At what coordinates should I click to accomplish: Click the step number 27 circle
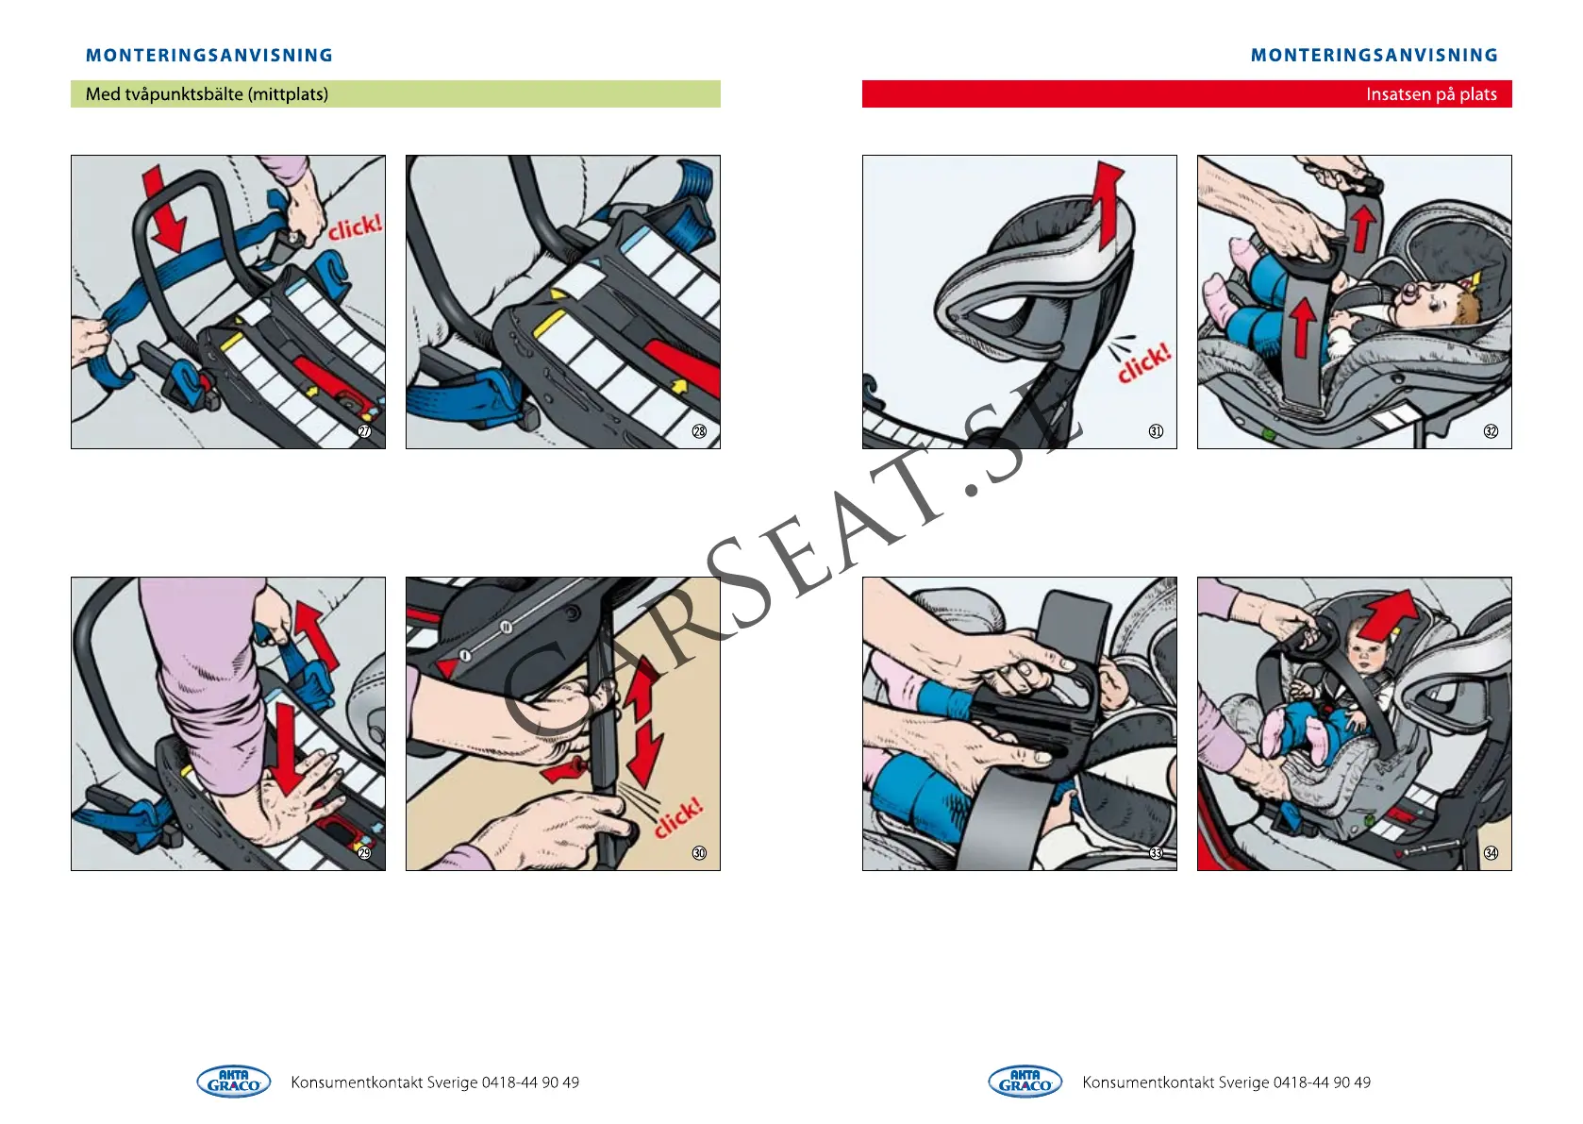tap(364, 431)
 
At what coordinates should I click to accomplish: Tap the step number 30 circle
tap(699, 853)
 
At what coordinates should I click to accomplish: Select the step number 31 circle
tap(1156, 431)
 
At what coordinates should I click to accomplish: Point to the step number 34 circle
tap(1491, 853)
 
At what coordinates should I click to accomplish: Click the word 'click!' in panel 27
tap(355, 227)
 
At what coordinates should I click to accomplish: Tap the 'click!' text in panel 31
tap(1143, 362)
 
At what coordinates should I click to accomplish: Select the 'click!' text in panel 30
tap(678, 817)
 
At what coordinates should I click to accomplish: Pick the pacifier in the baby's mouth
tap(1408, 298)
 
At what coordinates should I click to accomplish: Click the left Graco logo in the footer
tap(233, 1082)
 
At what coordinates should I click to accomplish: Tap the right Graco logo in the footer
tap(1025, 1082)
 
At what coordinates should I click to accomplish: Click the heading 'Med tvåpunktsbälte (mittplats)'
tap(207, 94)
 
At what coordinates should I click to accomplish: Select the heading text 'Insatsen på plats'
tap(1430, 94)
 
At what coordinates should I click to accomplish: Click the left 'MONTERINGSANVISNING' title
tap(209, 56)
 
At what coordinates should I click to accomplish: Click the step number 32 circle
tap(1491, 431)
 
